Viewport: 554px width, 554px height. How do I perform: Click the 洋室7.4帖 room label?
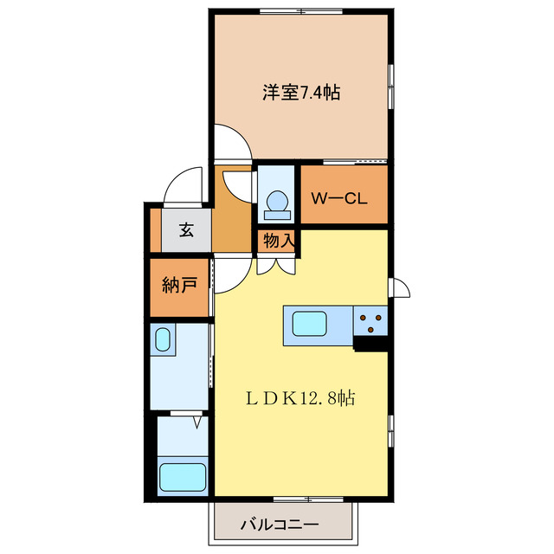click(300, 93)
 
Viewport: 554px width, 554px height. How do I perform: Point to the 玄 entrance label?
click(186, 230)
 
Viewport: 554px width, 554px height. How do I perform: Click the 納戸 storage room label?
click(178, 285)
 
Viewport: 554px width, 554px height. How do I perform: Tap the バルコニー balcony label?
click(279, 524)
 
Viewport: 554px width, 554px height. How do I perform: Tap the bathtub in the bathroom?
click(183, 477)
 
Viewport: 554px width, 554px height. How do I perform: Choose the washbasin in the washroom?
click(162, 339)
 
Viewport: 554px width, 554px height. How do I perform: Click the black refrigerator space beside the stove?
click(371, 344)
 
